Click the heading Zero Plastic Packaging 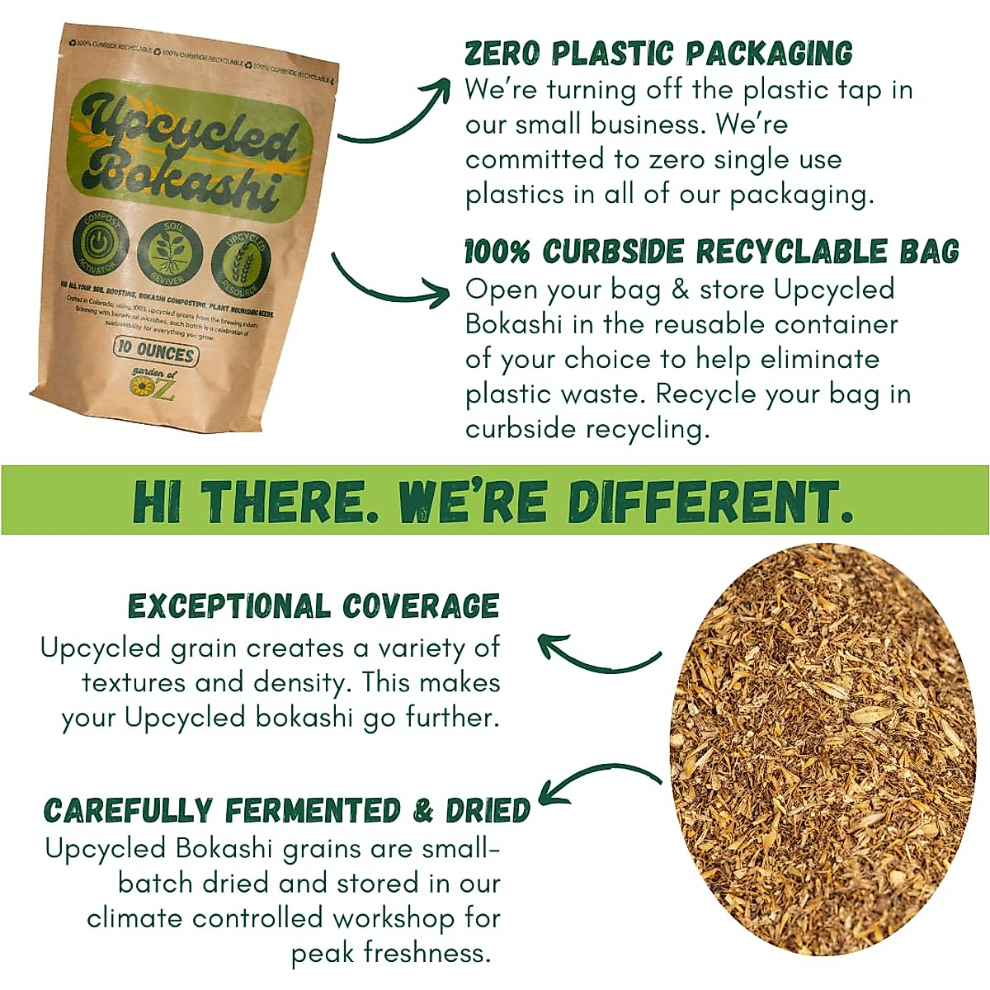coord(658,54)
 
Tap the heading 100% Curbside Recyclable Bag coord(712,252)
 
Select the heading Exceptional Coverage coord(313,606)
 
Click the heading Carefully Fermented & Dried coord(287,811)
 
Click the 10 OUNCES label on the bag coord(155,351)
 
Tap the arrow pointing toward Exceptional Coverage coord(598,652)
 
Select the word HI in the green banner coord(157,502)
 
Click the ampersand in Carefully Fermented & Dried coord(423,811)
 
